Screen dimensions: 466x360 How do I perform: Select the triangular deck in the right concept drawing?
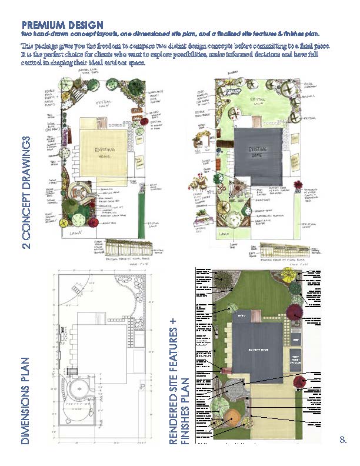click(243, 189)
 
